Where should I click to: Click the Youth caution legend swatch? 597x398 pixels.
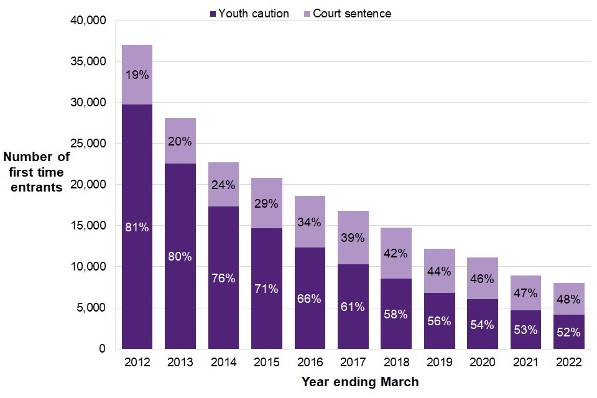(213, 14)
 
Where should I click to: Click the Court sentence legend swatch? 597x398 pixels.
(307, 14)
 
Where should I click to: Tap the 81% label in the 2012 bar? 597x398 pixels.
(137, 228)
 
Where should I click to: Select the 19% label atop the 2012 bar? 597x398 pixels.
(137, 75)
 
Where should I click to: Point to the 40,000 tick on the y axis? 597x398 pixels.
(89, 21)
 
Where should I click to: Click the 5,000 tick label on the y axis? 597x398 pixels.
(92, 308)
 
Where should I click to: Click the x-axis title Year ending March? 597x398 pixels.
(359, 382)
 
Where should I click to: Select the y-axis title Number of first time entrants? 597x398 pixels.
(36, 172)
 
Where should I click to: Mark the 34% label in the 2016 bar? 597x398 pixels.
(310, 222)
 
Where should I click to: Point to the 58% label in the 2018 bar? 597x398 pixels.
(396, 314)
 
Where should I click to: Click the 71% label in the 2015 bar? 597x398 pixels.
(266, 289)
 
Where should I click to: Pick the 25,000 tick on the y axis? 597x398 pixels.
(89, 144)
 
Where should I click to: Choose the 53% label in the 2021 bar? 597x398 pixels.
(525, 329)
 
